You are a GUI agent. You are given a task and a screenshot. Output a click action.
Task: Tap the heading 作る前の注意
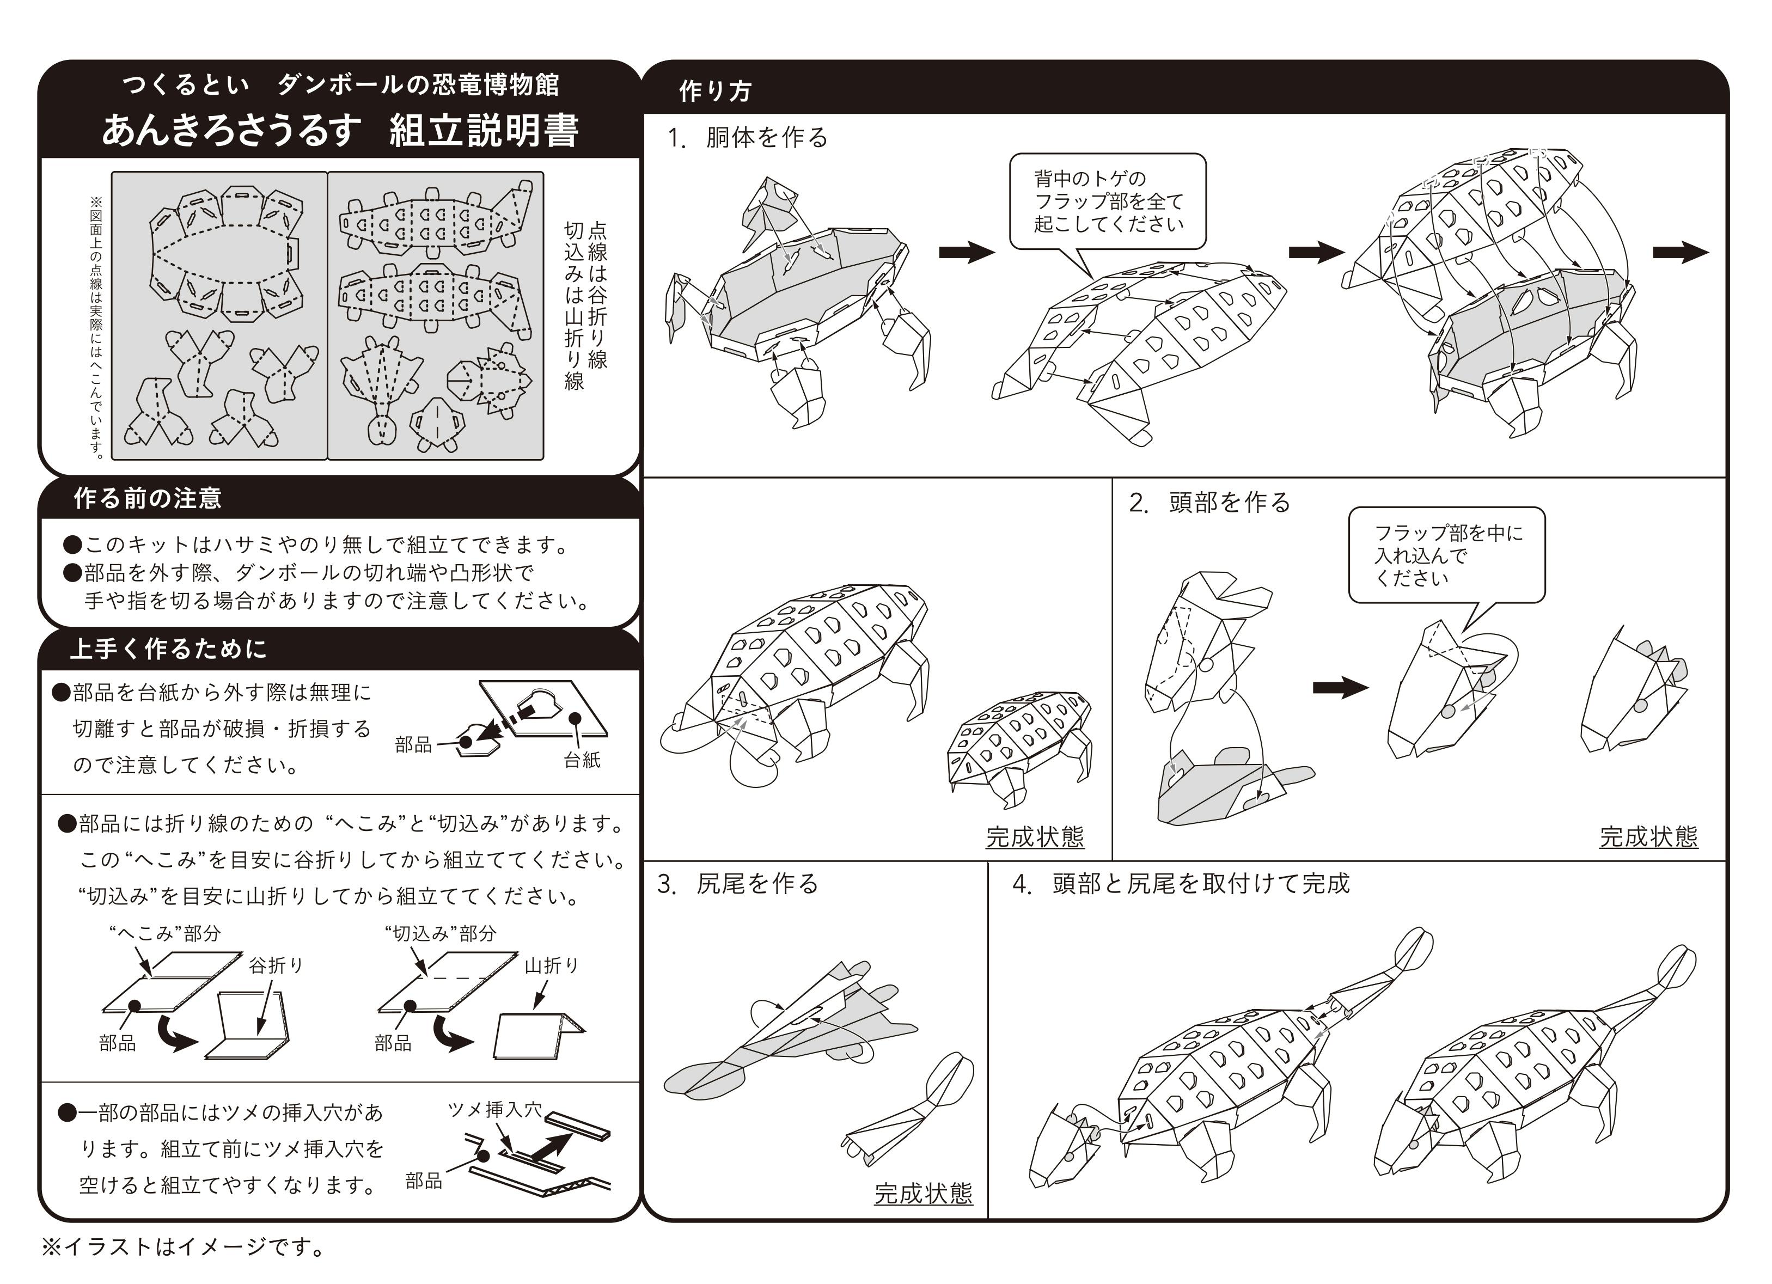click(x=148, y=499)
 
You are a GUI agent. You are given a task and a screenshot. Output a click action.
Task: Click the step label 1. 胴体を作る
click(x=748, y=138)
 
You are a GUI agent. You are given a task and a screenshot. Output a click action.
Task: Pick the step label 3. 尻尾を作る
click(x=737, y=883)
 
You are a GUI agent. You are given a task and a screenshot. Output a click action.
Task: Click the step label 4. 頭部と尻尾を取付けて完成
click(x=1181, y=883)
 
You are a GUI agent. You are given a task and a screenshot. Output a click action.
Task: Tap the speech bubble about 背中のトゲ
click(x=1107, y=201)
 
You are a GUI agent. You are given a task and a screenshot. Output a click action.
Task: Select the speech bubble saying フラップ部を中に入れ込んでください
click(x=1447, y=555)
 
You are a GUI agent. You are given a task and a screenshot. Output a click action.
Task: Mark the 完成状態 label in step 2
click(x=1648, y=837)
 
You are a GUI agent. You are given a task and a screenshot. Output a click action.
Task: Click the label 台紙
click(x=582, y=760)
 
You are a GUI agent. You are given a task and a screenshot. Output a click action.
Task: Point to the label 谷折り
click(x=276, y=965)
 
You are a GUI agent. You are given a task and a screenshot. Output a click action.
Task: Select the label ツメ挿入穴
click(x=494, y=1110)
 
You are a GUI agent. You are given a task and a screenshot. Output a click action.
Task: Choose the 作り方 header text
click(x=715, y=91)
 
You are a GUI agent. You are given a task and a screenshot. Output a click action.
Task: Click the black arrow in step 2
click(x=1341, y=688)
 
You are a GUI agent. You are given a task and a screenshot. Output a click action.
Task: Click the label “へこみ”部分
click(x=165, y=933)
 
